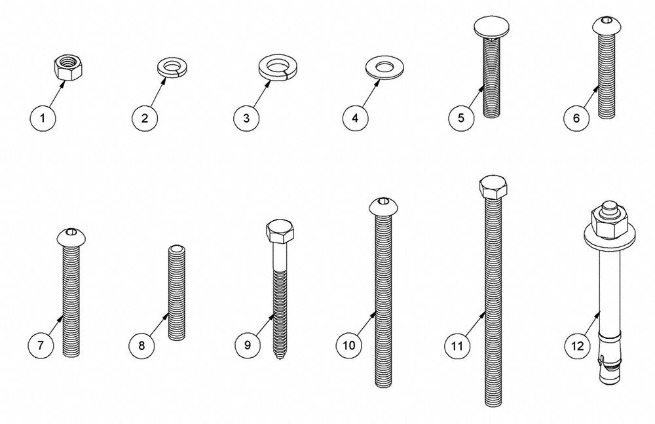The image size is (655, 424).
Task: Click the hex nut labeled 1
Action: point(68,69)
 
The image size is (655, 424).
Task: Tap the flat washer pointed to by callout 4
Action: point(384,67)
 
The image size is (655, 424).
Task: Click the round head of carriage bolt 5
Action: point(491,27)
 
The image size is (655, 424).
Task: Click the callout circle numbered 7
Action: point(41,345)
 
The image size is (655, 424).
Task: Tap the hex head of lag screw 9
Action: point(280,231)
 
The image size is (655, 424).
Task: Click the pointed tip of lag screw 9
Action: point(279,358)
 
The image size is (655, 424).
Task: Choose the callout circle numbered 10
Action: point(349,345)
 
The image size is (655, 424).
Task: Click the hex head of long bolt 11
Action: point(494,188)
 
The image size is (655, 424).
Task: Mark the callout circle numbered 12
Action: point(577,346)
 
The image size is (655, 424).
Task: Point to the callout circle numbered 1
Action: point(43,118)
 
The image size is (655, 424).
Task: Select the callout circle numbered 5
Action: point(461,118)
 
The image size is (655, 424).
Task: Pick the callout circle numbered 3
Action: point(246,118)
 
